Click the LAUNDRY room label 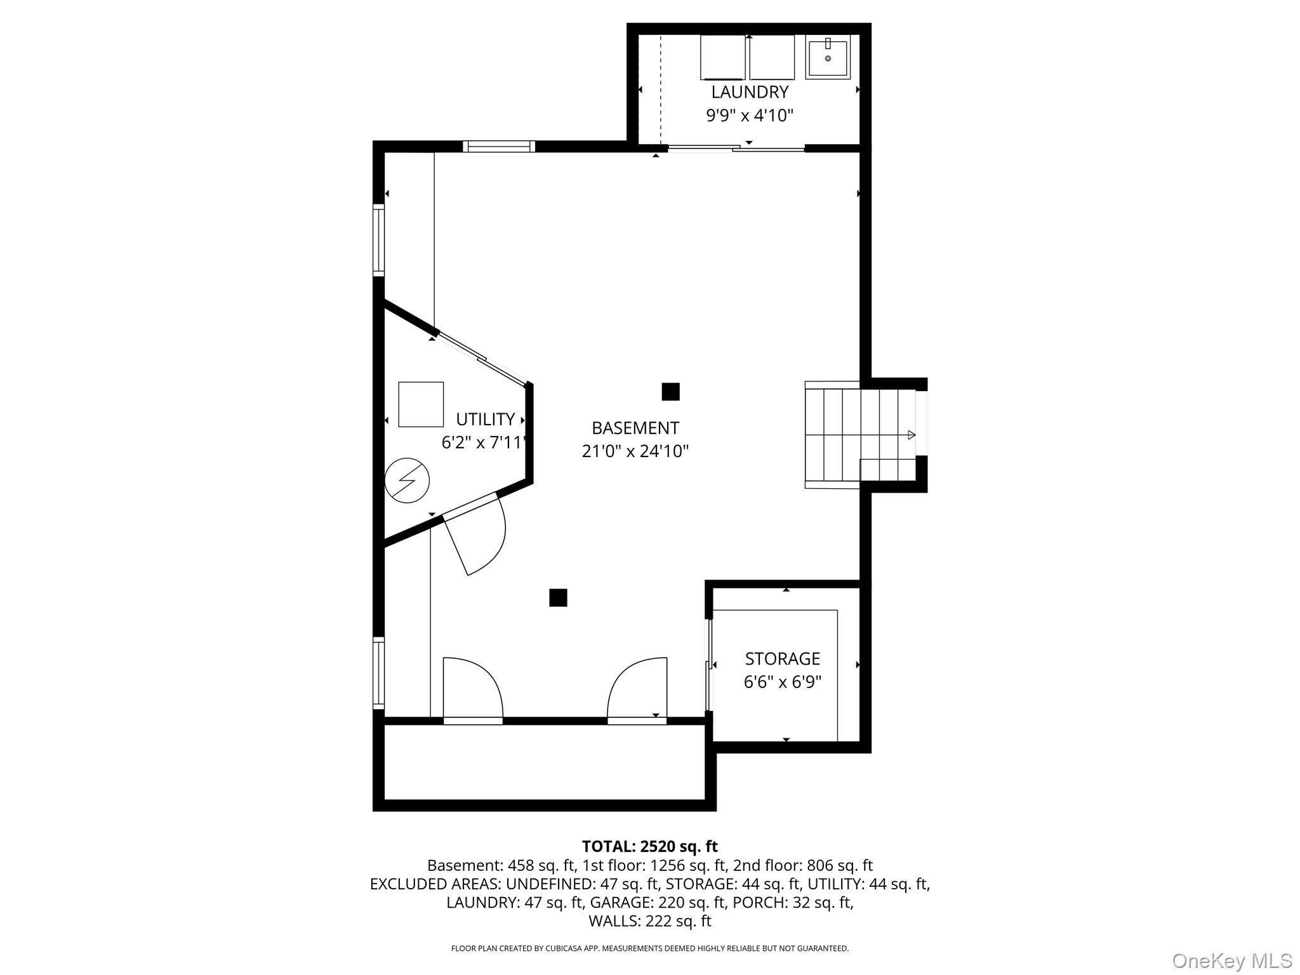[750, 92]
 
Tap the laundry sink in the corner [828, 57]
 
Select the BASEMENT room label [635, 428]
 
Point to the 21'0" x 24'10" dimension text [635, 451]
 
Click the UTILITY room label [486, 420]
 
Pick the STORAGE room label [783, 659]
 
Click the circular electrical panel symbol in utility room [408, 481]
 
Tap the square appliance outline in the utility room [421, 404]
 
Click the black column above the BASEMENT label [671, 392]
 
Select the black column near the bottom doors [558, 598]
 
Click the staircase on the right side [860, 435]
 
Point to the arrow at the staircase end [912, 435]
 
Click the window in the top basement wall [499, 147]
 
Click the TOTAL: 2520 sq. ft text [650, 846]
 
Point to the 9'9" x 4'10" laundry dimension [750, 116]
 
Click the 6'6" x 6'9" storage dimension [783, 682]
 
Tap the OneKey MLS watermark [1232, 960]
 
